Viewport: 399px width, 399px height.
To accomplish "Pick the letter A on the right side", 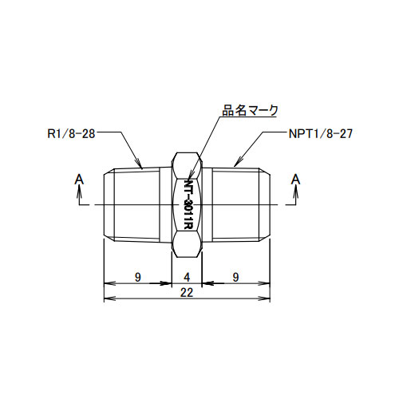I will [x=296, y=179].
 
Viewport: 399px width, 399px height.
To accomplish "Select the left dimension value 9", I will [x=138, y=277].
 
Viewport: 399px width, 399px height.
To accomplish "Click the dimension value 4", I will [x=188, y=277].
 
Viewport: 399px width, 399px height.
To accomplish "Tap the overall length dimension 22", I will [x=188, y=292].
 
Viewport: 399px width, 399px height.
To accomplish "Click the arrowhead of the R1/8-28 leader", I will [x=143, y=169].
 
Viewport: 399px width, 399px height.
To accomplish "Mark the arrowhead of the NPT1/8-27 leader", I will [x=233, y=168].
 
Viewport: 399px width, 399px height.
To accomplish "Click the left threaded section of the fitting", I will [x=136, y=205].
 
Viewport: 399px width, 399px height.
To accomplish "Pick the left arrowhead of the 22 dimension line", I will [x=106, y=299].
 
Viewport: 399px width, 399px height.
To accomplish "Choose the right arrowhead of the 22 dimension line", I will [x=270, y=299].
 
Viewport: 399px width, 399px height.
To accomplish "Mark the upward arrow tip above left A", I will [x=78, y=189].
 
